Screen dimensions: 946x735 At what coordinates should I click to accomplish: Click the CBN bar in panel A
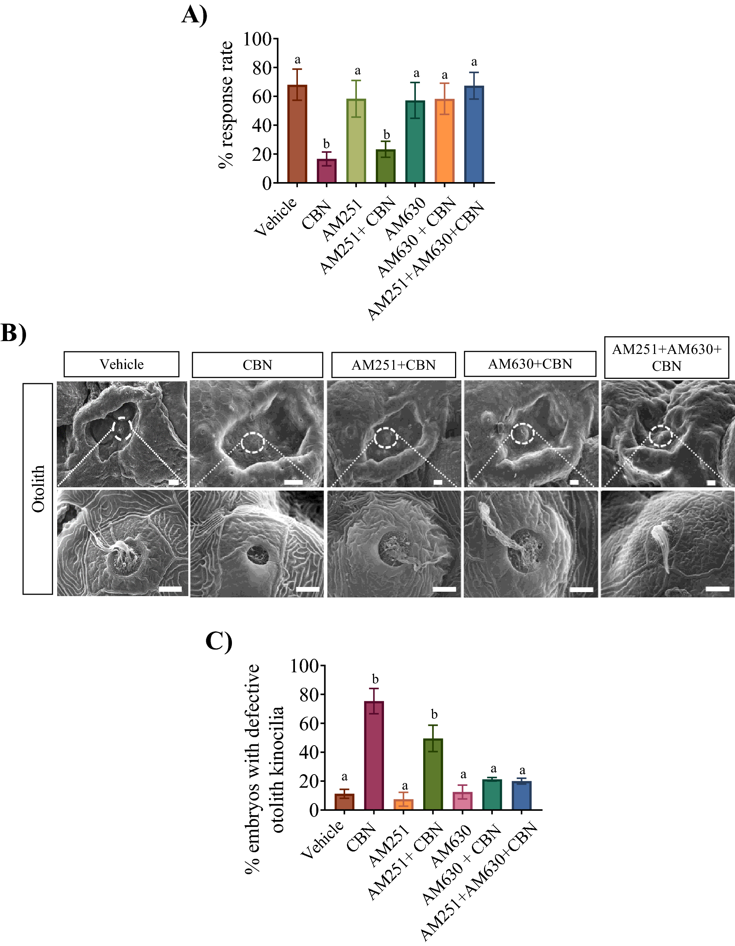coord(326,171)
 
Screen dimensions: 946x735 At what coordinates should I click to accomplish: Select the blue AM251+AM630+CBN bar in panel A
coord(474,134)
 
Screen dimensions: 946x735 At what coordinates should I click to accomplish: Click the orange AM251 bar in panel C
coord(403,804)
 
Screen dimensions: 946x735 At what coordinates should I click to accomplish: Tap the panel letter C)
coord(219,641)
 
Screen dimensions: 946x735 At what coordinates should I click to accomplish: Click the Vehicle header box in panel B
coord(121,364)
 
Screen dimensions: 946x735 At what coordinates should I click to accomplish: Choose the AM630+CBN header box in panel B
coord(530,364)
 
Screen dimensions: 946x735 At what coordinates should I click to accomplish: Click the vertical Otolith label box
coord(38,489)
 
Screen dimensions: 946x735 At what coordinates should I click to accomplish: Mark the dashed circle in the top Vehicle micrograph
coord(123,429)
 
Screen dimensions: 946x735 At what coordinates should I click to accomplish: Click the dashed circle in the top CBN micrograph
coord(252,443)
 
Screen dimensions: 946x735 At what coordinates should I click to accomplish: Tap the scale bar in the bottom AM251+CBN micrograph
coord(444,589)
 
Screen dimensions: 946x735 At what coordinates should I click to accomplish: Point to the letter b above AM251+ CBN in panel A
coord(386,135)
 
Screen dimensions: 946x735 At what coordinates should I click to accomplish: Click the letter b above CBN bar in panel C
coord(375,679)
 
